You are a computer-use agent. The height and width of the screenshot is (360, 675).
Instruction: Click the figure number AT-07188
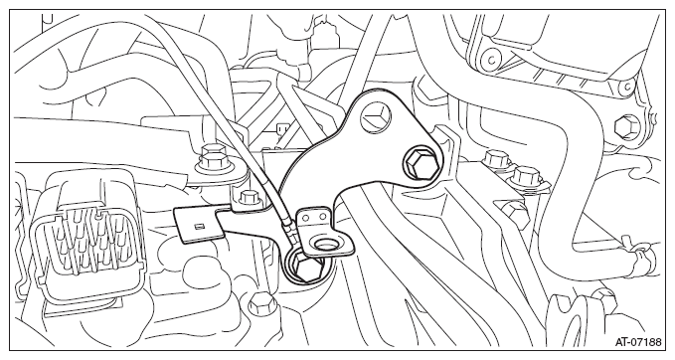click(x=638, y=342)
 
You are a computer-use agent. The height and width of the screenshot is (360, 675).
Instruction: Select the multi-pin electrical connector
click(x=87, y=241)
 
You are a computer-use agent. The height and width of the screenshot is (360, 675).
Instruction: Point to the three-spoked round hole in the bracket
click(x=376, y=115)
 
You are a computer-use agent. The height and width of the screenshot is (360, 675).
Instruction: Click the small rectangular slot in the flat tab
click(x=198, y=227)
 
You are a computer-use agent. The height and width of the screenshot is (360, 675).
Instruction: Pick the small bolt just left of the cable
click(x=249, y=198)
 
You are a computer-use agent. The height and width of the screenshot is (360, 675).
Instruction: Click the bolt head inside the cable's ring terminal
click(x=308, y=267)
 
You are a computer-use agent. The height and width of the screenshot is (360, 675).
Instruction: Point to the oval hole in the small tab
click(x=325, y=246)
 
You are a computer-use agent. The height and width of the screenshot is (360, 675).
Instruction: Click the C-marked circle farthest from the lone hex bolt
click(x=490, y=60)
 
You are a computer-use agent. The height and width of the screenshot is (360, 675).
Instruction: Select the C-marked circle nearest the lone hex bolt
click(x=627, y=88)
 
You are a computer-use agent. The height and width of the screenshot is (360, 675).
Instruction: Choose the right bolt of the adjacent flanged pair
click(x=526, y=177)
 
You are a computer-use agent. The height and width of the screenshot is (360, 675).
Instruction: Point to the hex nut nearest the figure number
click(x=604, y=298)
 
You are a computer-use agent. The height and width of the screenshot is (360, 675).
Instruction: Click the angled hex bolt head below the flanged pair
click(x=515, y=211)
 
